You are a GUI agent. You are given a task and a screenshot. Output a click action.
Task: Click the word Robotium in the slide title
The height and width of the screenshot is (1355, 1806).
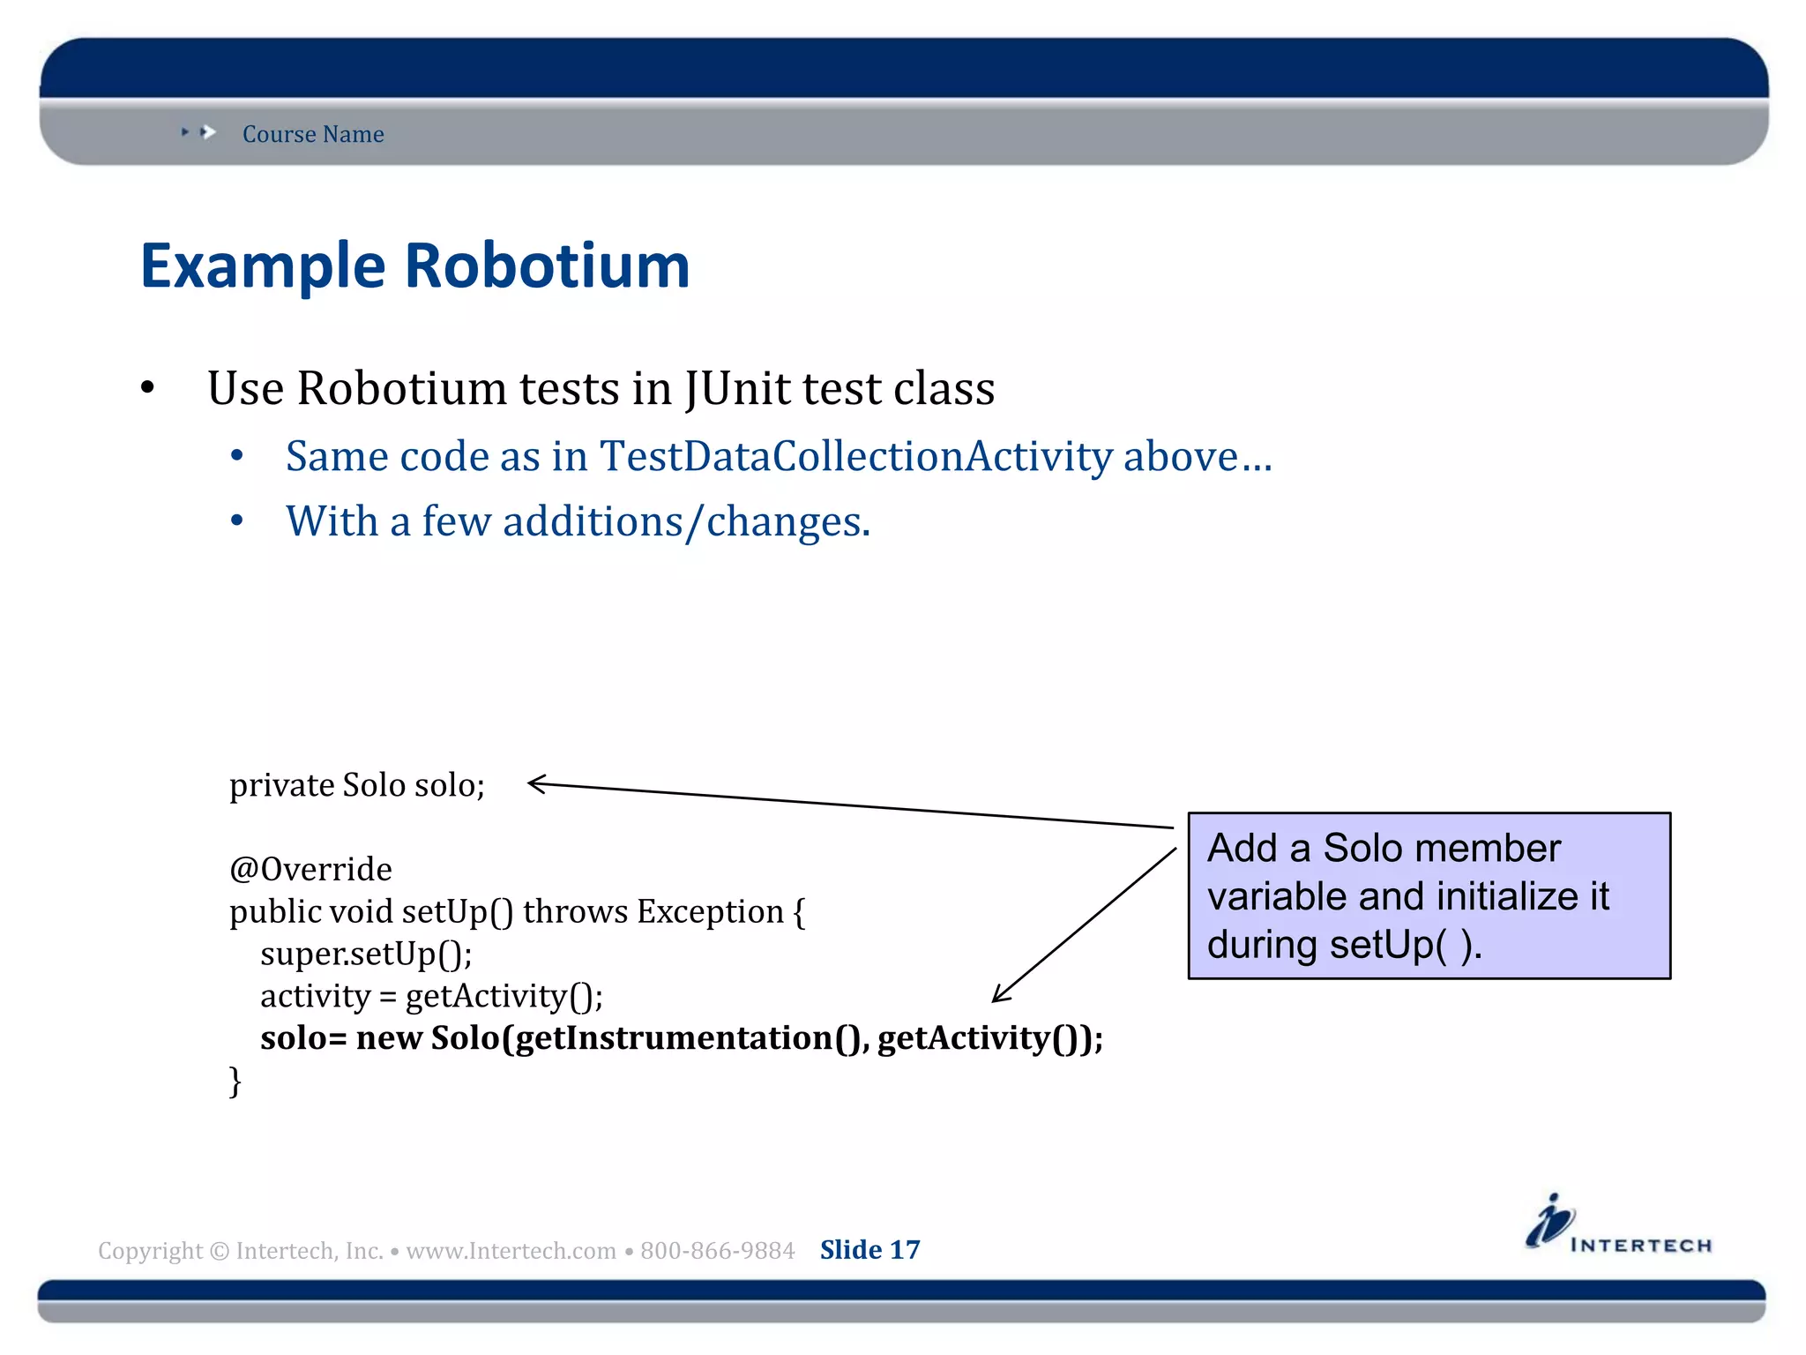coord(547,266)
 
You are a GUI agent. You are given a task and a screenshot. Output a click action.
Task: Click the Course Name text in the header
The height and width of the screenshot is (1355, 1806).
coord(313,134)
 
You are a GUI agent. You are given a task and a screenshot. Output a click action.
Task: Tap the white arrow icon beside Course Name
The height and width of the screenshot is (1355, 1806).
coord(208,132)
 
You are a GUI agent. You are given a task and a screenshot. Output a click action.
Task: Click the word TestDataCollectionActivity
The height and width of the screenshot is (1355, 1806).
coord(855,457)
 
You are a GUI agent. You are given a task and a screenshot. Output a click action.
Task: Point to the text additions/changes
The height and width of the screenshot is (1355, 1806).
coord(686,522)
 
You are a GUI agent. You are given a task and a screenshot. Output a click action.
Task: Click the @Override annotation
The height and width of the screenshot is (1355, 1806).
coord(310,870)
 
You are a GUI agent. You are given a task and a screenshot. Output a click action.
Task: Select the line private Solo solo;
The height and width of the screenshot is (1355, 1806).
coord(357,785)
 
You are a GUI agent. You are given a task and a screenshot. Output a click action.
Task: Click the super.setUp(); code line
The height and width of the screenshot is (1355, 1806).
coord(366,954)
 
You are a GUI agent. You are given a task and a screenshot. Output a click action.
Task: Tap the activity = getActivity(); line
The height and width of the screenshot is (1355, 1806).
coord(431,997)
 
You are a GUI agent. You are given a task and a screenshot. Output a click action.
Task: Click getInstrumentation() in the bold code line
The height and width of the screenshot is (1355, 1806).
coord(691,1038)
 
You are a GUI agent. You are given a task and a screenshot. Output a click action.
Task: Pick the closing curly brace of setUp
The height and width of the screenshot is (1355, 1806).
coord(235,1081)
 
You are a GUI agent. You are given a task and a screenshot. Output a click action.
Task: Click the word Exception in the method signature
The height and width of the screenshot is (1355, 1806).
coord(711,912)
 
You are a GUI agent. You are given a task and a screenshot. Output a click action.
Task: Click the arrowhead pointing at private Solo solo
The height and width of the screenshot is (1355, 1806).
coord(535,783)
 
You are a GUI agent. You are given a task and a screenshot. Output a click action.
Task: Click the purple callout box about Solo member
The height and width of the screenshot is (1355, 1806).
coord(1429,895)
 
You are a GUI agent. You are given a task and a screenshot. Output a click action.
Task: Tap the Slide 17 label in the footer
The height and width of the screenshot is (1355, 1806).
coord(869,1250)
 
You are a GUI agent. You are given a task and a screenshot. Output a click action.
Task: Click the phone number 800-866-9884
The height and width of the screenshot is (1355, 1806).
coord(717,1251)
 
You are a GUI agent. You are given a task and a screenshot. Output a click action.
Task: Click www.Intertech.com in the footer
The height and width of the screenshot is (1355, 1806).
coord(511,1251)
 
